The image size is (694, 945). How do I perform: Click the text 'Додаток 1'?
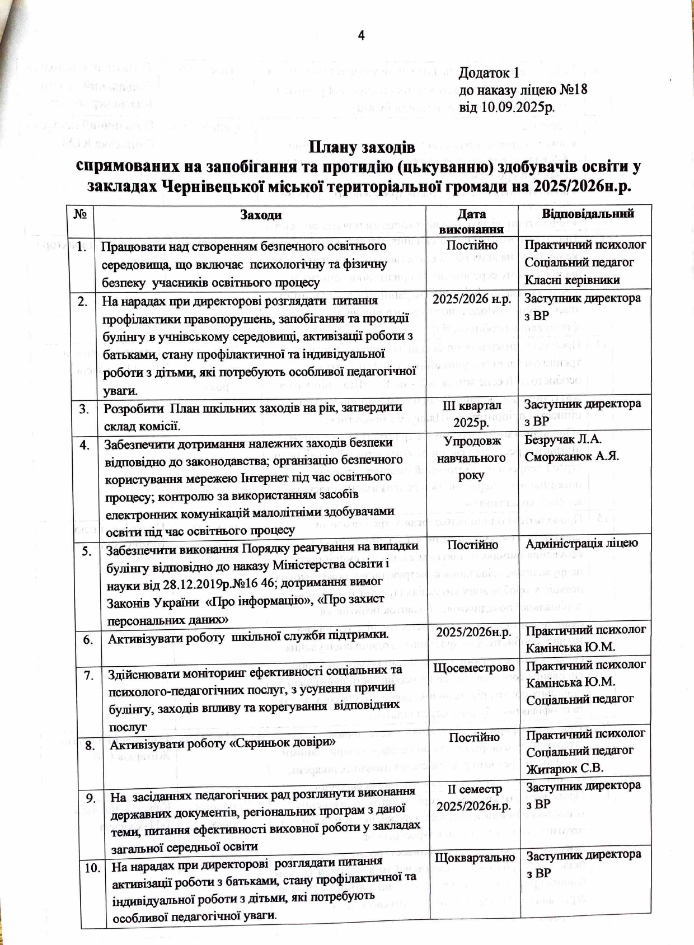click(x=489, y=73)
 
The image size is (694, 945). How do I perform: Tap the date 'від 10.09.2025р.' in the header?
click(x=507, y=107)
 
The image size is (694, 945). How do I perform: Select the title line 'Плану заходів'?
click(x=362, y=148)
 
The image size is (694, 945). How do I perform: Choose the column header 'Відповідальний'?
click(x=588, y=213)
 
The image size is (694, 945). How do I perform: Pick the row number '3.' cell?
click(x=85, y=409)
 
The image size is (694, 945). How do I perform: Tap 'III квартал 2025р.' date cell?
click(x=471, y=413)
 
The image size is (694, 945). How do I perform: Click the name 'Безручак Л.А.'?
click(x=563, y=439)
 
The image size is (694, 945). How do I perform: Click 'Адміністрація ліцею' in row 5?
click(x=582, y=543)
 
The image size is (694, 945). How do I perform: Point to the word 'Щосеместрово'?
click(x=474, y=667)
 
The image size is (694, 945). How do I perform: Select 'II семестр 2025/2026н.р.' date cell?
click(x=474, y=798)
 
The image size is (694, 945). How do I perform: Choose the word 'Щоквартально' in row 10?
click(x=475, y=858)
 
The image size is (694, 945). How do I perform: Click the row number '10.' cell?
click(x=92, y=868)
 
